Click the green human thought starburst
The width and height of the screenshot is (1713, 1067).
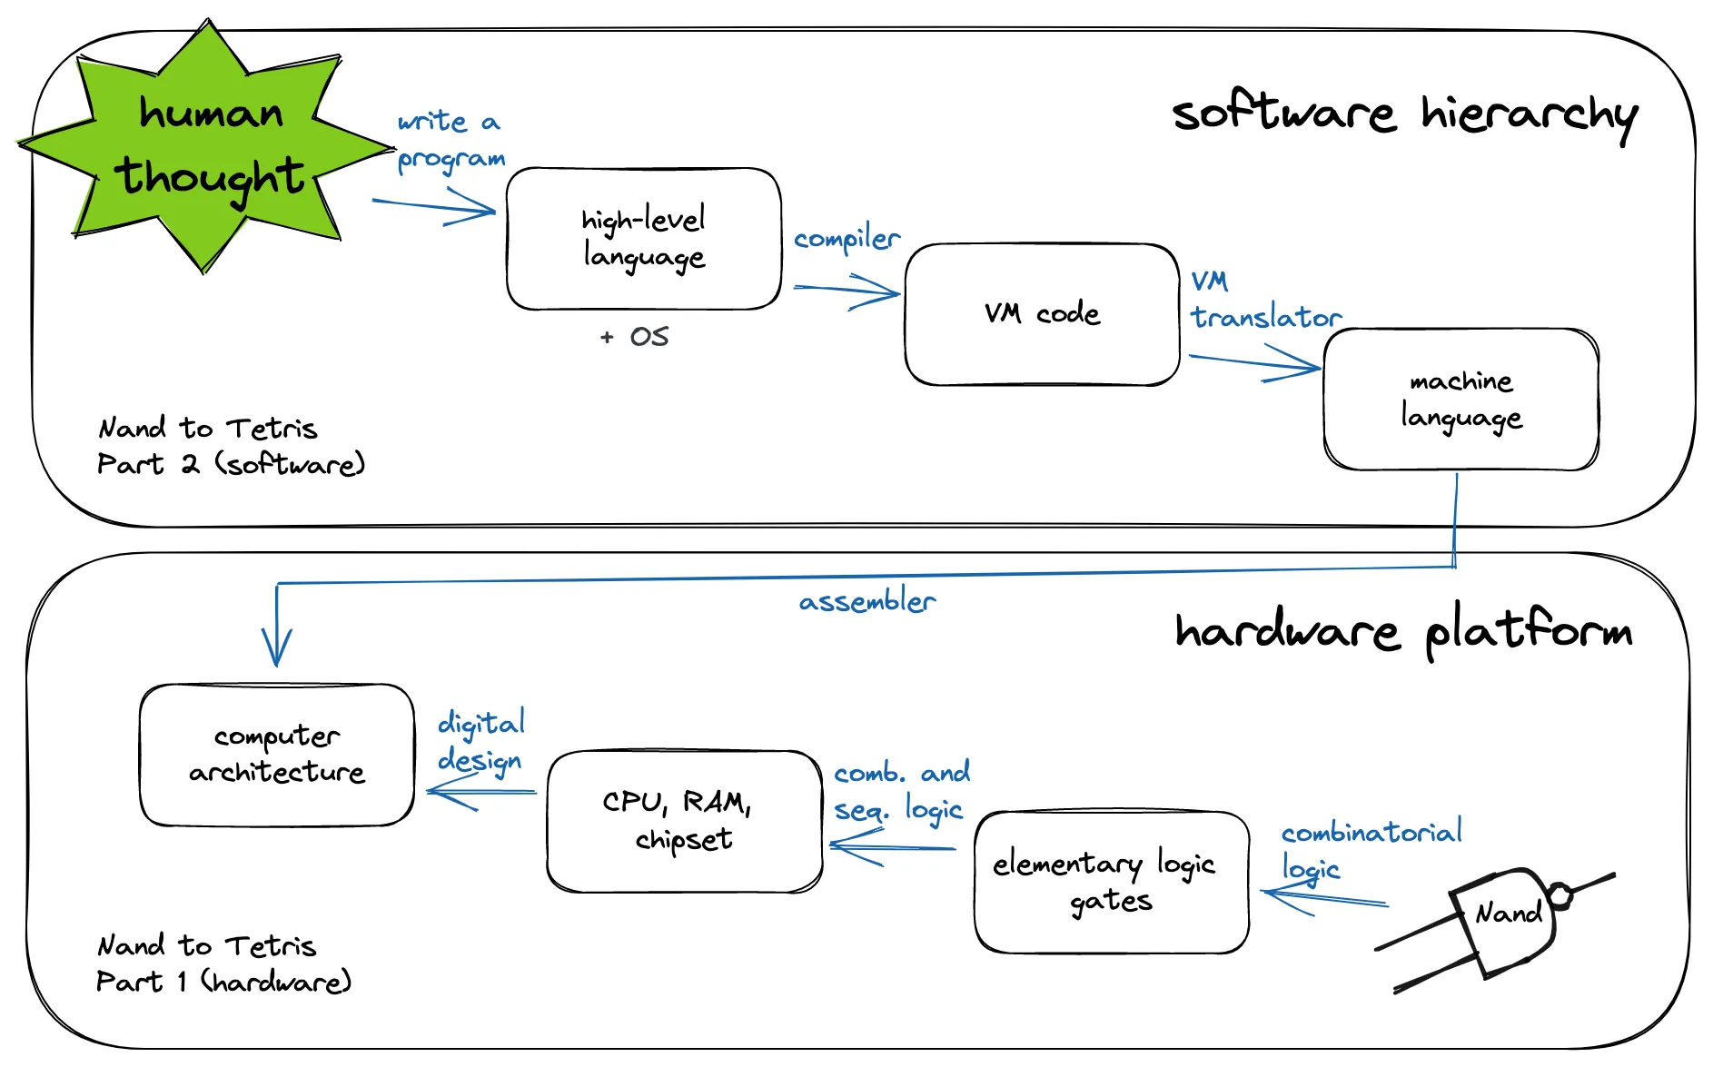207,145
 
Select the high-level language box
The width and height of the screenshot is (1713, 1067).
643,238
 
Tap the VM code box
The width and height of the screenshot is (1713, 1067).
1042,314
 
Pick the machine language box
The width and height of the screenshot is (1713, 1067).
1461,400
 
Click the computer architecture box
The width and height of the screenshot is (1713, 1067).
277,755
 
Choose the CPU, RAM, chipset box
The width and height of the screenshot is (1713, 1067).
684,821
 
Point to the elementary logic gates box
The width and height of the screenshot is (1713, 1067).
1111,882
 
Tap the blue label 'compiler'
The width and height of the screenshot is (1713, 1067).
847,239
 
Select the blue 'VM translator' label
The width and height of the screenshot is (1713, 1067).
1264,300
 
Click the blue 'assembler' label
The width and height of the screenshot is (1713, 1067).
866,601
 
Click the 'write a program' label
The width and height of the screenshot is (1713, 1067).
451,140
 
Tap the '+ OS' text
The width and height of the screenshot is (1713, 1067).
635,337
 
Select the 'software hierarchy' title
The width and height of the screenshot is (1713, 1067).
1404,115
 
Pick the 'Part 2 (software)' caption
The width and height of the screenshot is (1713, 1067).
231,464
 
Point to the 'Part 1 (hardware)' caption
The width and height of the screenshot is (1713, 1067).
223,982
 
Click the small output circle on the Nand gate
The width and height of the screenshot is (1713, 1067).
1560,895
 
